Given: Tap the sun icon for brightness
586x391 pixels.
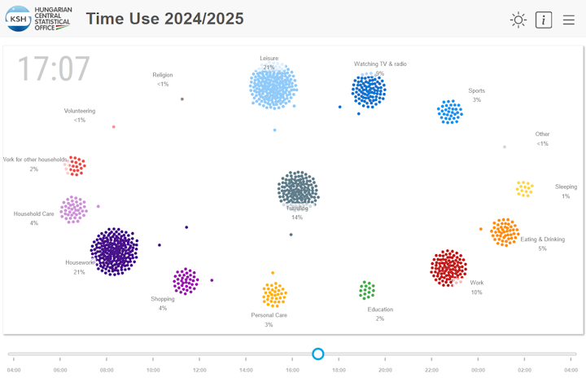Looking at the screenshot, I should pyautogui.click(x=518, y=20).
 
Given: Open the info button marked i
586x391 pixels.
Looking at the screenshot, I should pyautogui.click(x=544, y=20).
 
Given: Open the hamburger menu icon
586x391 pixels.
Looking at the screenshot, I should pyautogui.click(x=569, y=20).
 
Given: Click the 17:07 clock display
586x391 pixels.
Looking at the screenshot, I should pyautogui.click(x=54, y=70).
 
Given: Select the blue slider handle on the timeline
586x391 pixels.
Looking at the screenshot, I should pyautogui.click(x=318, y=354).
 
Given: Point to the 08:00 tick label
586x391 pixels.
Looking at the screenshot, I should pyautogui.click(x=107, y=370).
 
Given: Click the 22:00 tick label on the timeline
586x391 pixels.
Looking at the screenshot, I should pyautogui.click(x=431, y=370).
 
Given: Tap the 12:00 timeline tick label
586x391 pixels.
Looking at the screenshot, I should pyautogui.click(x=199, y=370).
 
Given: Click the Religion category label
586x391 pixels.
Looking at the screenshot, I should pyautogui.click(x=163, y=75).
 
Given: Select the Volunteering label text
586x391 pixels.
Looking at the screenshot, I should pyautogui.click(x=80, y=111).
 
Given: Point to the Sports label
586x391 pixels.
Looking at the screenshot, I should pyautogui.click(x=476, y=91).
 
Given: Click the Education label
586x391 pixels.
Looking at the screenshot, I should pyautogui.click(x=380, y=310).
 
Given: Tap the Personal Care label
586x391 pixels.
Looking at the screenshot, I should pyautogui.click(x=269, y=315).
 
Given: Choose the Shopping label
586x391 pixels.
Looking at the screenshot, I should pyautogui.click(x=163, y=299).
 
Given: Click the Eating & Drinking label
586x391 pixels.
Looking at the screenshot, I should pyautogui.click(x=542, y=239).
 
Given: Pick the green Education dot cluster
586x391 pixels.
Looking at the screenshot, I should pyautogui.click(x=367, y=290).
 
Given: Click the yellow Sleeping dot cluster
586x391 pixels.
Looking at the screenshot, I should pyautogui.click(x=524, y=189).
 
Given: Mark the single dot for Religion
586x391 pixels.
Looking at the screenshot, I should pyautogui.click(x=182, y=99).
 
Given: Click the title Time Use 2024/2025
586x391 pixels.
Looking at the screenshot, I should pyautogui.click(x=165, y=19).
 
